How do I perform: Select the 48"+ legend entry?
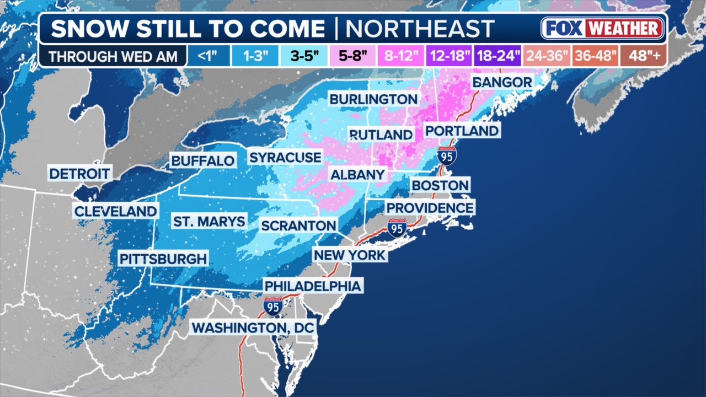[x=643, y=56]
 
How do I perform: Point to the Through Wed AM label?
[x=113, y=56]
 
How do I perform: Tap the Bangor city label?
[x=502, y=83]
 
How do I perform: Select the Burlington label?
[x=373, y=99]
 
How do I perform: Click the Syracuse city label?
[x=285, y=158]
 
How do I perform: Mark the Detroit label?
[x=79, y=174]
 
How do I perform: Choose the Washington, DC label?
[x=253, y=328]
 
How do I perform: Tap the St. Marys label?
[x=208, y=222]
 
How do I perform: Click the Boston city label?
[x=440, y=185]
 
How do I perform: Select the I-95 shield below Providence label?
[x=397, y=228]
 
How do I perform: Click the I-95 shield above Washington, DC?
[x=272, y=306]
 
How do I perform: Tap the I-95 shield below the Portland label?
[x=447, y=156]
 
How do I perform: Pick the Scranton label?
[x=298, y=226]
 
